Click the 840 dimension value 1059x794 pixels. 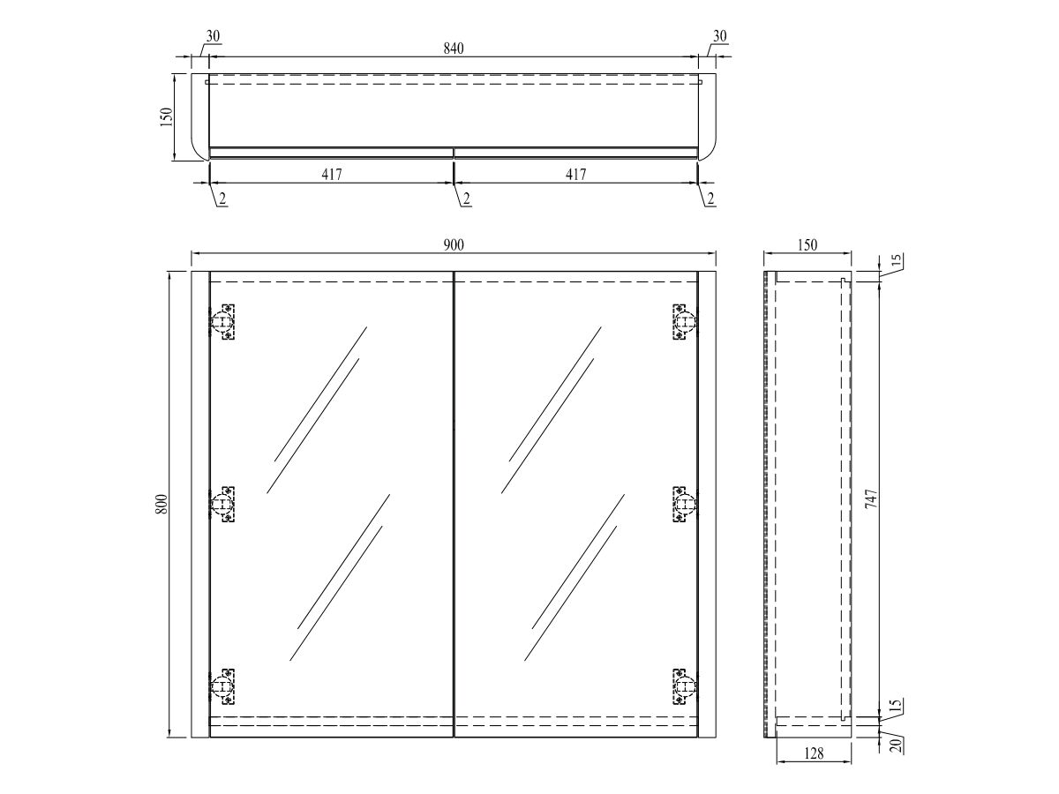pyautogui.click(x=454, y=49)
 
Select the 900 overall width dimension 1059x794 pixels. pyautogui.click(x=454, y=244)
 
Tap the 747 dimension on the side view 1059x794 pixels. pyautogui.click(x=872, y=503)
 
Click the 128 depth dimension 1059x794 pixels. pyautogui.click(x=814, y=753)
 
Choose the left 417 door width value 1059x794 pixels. pyautogui.click(x=331, y=175)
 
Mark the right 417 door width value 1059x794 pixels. pyautogui.click(x=575, y=175)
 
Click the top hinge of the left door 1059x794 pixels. pyautogui.click(x=223, y=322)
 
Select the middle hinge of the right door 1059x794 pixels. pyautogui.click(x=684, y=504)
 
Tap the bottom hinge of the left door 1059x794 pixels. pyautogui.click(x=223, y=685)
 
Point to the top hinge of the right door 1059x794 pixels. pyautogui.click(x=684, y=322)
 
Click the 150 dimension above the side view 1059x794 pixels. pyautogui.click(x=807, y=244)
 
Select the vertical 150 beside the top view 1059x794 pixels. pyautogui.click(x=166, y=117)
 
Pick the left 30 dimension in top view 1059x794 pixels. pyautogui.click(x=213, y=36)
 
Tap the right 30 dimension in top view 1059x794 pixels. pyautogui.click(x=720, y=36)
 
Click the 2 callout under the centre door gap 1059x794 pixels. pyautogui.click(x=465, y=199)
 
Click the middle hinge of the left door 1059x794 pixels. pyautogui.click(x=223, y=504)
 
